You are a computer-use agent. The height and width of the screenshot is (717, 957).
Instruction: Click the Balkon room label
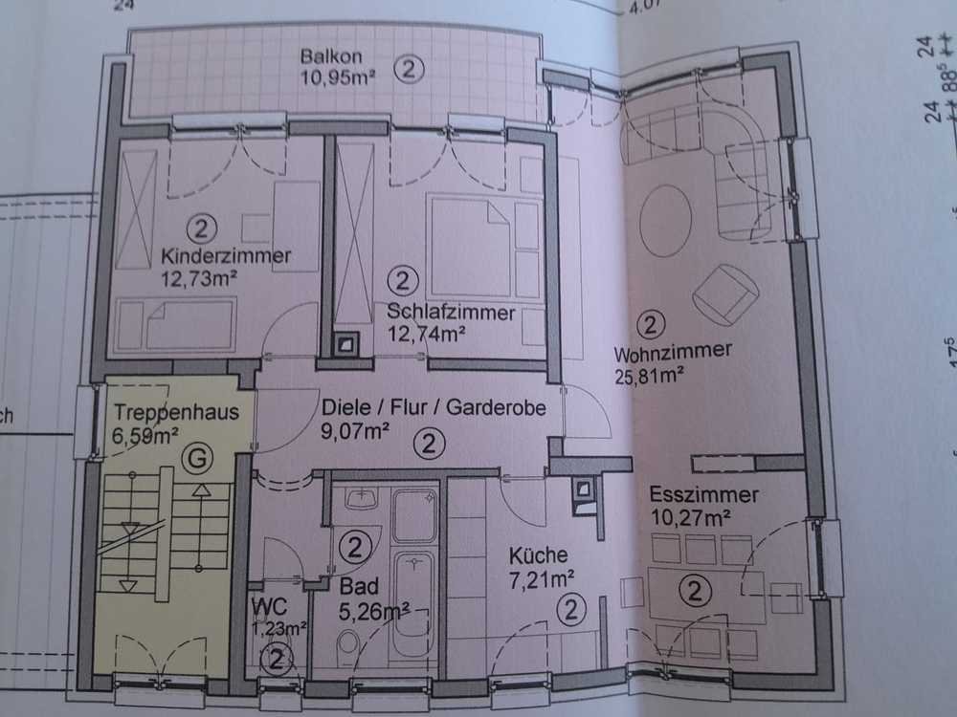click(x=331, y=56)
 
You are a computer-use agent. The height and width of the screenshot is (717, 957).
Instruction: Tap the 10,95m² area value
click(x=338, y=78)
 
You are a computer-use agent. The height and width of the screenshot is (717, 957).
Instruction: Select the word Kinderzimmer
click(x=226, y=256)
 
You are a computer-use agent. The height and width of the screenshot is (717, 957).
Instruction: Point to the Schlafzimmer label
click(x=451, y=313)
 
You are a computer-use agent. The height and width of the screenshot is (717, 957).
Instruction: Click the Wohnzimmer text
click(x=673, y=352)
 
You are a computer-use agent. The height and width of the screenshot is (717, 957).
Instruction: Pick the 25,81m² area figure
click(x=649, y=375)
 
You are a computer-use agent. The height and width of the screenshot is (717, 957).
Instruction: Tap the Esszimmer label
click(x=703, y=494)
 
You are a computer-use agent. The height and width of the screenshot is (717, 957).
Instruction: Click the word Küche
click(x=538, y=555)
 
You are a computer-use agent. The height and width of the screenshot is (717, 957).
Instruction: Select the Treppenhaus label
click(x=176, y=413)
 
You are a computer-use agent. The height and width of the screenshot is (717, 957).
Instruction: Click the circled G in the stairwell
click(x=197, y=458)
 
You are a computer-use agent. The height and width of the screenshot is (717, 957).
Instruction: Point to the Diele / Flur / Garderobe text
click(x=434, y=407)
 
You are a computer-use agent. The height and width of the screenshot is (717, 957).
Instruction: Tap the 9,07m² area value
click(x=355, y=431)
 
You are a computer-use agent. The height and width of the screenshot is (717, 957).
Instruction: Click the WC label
click(x=269, y=607)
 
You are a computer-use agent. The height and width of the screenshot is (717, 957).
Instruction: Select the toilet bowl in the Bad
click(x=348, y=642)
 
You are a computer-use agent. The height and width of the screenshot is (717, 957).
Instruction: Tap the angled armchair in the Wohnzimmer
click(x=725, y=294)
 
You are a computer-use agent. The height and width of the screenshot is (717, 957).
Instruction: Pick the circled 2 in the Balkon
click(x=409, y=69)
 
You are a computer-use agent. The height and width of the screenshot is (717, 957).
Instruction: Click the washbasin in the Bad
click(x=362, y=498)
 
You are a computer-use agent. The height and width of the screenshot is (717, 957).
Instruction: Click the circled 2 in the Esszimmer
click(x=695, y=592)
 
